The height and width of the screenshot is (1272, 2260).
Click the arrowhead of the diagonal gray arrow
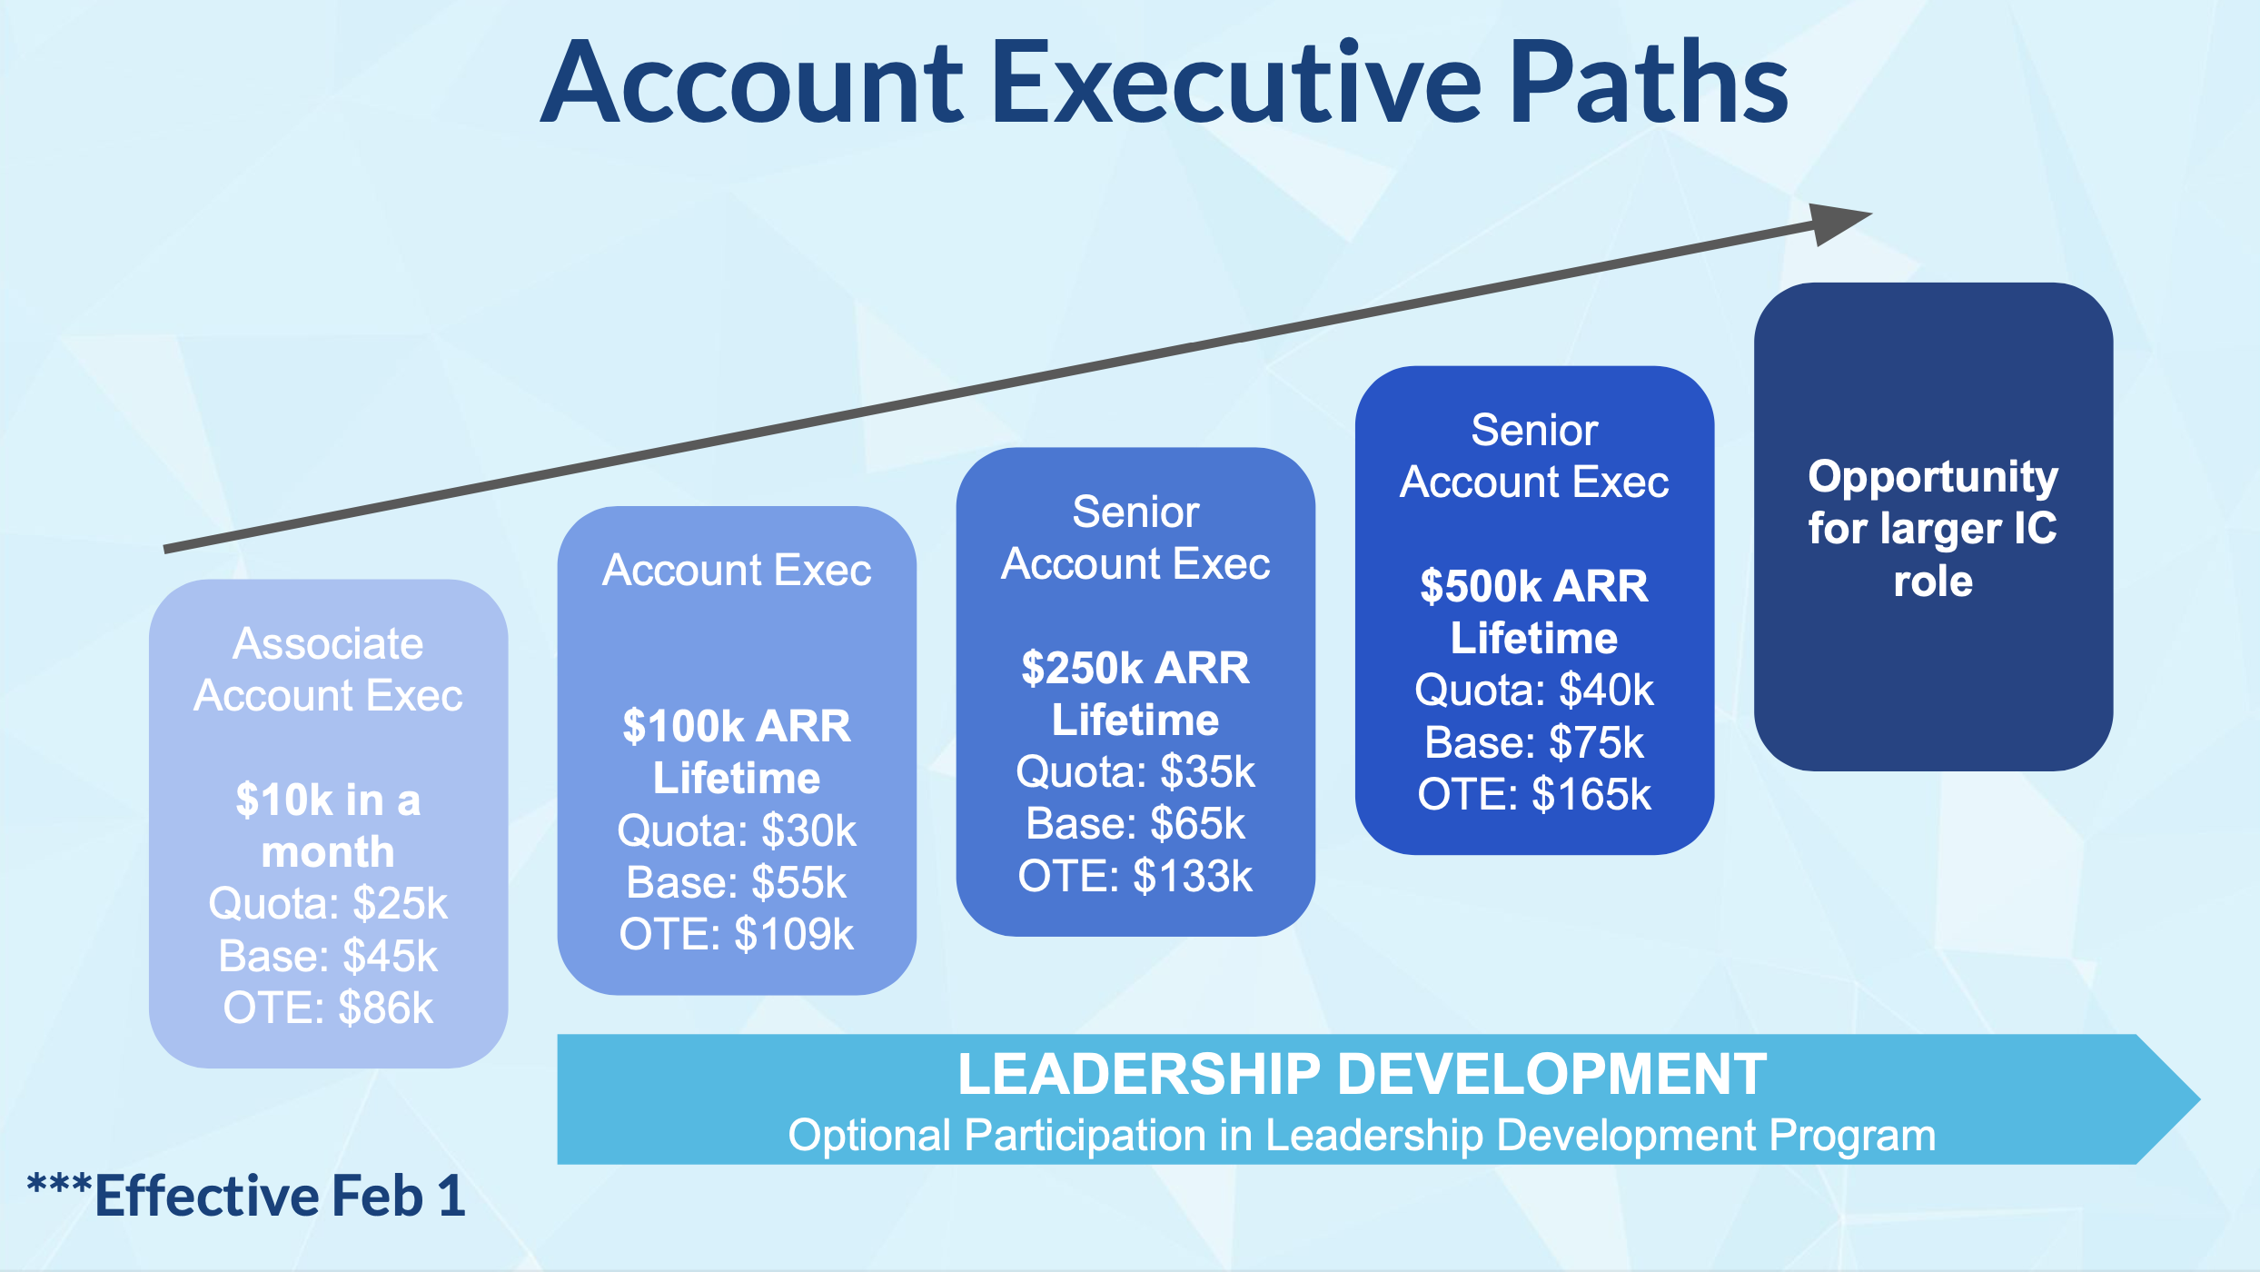[x=1839, y=224]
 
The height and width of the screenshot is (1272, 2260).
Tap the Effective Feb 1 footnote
[x=246, y=1195]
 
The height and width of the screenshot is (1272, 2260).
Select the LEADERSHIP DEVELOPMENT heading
[x=1363, y=1074]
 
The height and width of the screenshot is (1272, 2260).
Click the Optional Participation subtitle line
[x=1362, y=1136]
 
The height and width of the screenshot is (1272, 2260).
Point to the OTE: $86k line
[x=328, y=1008]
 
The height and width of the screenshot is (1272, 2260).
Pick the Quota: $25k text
[x=328, y=903]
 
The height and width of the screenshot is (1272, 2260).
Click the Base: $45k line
[x=328, y=956]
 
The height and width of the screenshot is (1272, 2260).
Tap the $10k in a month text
[x=328, y=826]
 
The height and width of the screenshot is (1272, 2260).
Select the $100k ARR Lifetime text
[x=737, y=751]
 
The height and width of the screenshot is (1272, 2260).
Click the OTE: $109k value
[x=737, y=934]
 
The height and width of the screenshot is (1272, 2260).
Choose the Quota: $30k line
[x=737, y=830]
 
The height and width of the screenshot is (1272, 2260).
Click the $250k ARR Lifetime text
[x=1135, y=693]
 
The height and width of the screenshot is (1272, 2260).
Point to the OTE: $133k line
[x=1135, y=876]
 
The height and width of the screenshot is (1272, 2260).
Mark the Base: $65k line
[x=1135, y=824]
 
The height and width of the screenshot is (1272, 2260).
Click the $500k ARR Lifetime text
[x=1534, y=611]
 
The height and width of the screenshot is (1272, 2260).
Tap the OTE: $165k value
[x=1534, y=794]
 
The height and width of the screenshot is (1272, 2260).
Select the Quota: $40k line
[x=1534, y=691]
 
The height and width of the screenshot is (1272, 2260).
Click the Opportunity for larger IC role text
[x=1933, y=528]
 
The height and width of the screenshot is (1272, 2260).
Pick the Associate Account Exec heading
[x=328, y=670]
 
